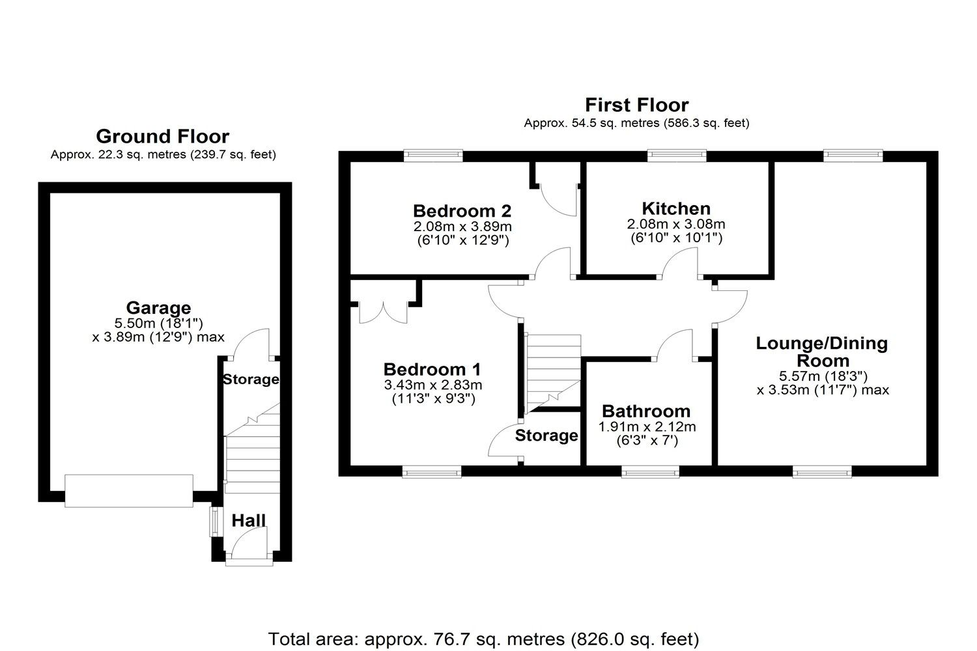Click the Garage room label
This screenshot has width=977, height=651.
158,307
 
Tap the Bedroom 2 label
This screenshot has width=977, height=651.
462,211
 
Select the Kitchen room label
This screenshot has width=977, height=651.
676,208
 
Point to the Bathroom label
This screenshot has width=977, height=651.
646,411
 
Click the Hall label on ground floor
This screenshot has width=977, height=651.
249,520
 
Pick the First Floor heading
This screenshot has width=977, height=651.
636,105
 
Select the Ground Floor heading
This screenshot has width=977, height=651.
162,136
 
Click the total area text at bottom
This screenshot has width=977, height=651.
483,639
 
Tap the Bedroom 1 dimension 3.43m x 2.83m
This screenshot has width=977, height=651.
433,385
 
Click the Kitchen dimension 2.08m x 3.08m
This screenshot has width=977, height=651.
676,224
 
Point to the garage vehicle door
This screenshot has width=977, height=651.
129,491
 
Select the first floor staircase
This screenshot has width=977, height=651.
553,373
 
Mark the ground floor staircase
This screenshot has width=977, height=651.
253,456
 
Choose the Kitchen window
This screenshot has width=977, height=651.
677,155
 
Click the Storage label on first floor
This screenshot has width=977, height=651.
546,436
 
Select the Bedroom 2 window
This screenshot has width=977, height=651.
432,155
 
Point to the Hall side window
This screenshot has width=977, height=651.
212,522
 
